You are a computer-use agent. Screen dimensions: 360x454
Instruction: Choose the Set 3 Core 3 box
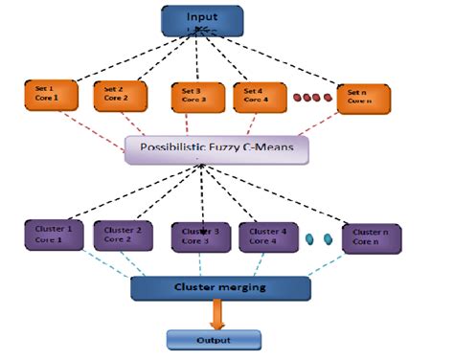point(195,97)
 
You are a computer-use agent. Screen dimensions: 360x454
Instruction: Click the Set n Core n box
point(364,97)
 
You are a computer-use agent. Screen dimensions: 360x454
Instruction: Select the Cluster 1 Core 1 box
point(54,236)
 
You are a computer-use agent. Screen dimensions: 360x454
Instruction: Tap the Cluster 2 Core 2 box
point(125,236)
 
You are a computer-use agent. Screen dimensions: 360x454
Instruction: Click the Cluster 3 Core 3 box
point(199,237)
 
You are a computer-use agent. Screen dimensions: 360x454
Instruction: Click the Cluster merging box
point(220,287)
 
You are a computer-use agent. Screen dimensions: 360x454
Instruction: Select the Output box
point(213,338)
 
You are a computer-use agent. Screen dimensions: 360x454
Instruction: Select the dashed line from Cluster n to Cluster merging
point(335,265)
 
